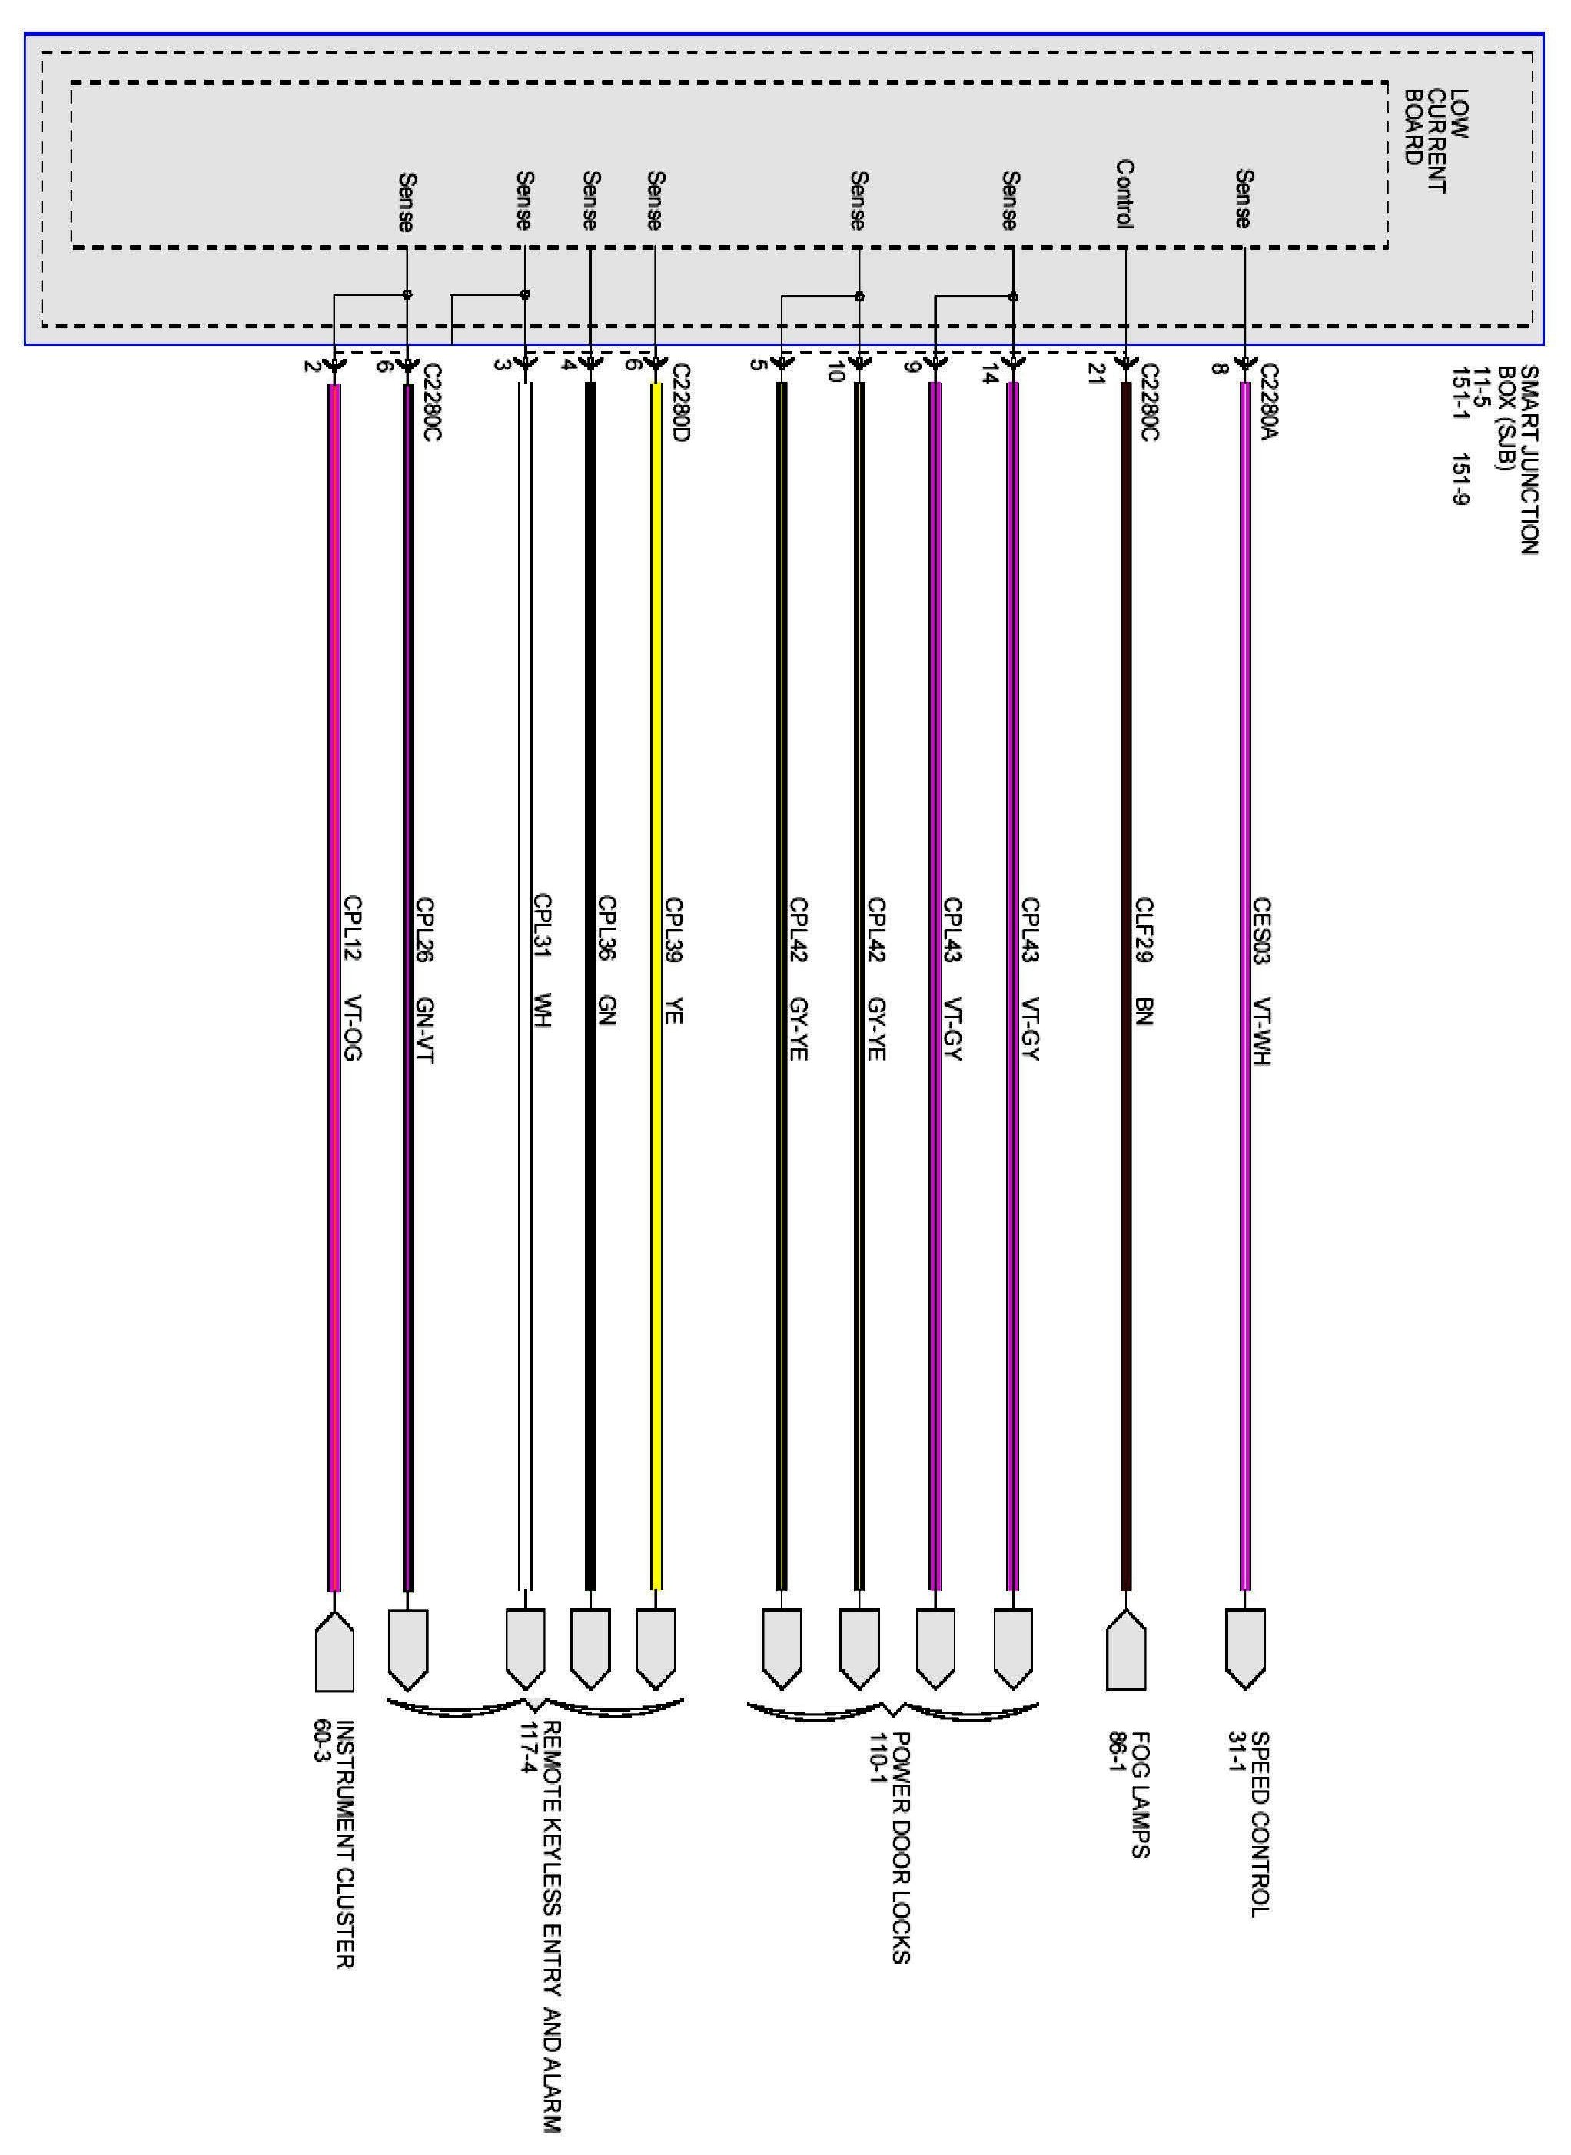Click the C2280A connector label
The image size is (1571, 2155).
tap(1270, 401)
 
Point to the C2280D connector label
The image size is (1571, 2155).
tap(679, 401)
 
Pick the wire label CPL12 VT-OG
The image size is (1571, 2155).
tap(353, 977)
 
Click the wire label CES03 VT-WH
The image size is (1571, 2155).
tap(1261, 981)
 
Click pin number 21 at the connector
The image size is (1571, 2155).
tap(1094, 374)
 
